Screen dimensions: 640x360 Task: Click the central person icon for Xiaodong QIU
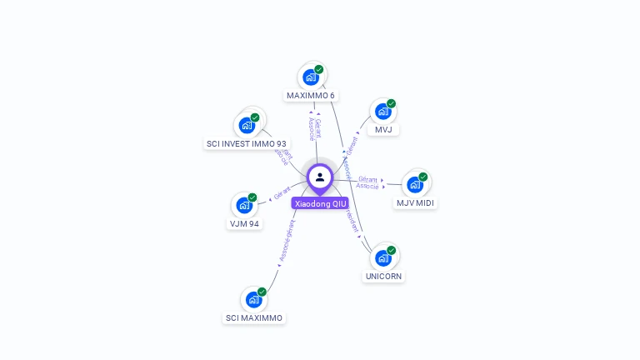[320, 177]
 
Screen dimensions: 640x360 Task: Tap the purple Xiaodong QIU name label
[320, 203]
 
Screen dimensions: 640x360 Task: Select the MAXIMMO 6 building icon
[311, 77]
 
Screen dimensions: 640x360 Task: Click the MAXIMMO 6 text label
[311, 96]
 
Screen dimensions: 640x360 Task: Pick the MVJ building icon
[382, 112]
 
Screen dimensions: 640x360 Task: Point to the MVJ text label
[383, 130]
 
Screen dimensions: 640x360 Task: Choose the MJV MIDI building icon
[415, 185]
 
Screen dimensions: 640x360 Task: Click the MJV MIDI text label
[415, 203]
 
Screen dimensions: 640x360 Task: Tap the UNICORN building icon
[383, 257]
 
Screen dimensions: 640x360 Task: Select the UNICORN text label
[383, 277]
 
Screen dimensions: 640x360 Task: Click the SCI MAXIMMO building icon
[253, 300]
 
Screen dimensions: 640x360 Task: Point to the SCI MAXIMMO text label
[254, 318]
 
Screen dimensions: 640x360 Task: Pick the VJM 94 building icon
[244, 205]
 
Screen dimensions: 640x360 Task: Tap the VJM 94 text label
[244, 224]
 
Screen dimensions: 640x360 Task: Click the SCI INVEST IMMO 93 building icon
[247, 125]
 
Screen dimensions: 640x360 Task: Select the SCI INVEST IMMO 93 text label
[247, 144]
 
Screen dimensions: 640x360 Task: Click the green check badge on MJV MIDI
[423, 177]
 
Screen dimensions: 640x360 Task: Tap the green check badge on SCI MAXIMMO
[262, 292]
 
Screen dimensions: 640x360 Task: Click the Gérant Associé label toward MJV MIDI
[367, 182]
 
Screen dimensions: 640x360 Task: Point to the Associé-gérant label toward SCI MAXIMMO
[286, 242]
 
